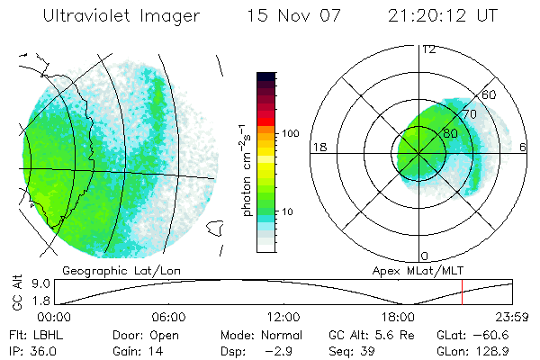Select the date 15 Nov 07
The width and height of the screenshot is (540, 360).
289,16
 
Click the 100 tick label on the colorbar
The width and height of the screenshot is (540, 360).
290,133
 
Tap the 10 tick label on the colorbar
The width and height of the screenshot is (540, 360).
287,211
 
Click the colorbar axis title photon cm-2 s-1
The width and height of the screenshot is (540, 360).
246,168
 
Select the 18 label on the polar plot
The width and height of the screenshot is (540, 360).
319,147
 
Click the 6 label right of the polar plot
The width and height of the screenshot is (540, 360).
524,147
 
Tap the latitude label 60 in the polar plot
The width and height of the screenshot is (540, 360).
490,95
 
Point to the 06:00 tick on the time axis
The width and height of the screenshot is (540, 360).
168,318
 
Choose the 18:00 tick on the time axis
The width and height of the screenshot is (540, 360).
398,318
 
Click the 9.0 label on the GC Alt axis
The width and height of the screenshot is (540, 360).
27,283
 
